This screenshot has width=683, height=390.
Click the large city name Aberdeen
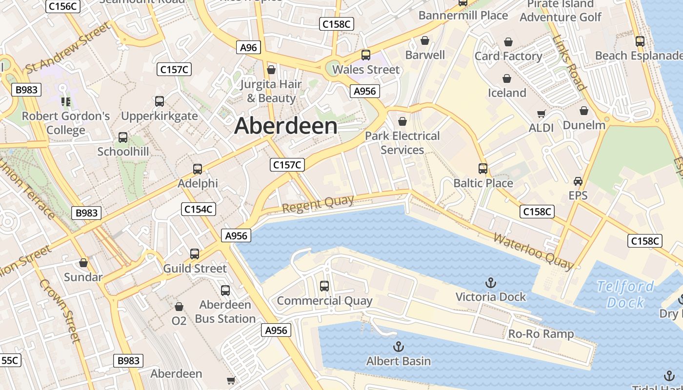click(286, 126)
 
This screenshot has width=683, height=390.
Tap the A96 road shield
click(248, 47)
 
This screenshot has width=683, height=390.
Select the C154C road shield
click(199, 209)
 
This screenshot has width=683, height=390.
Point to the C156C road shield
click(62, 6)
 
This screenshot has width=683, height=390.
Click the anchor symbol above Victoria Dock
click(490, 283)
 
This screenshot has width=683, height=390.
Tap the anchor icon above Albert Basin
click(399, 347)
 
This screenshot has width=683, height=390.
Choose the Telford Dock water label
click(626, 294)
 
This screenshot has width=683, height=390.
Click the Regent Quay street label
click(311, 204)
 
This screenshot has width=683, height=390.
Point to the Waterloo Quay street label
click(534, 251)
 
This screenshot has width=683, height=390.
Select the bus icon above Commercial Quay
click(324, 286)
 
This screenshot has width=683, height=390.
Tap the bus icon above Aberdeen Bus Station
click(225, 291)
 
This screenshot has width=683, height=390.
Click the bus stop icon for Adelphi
click(198, 169)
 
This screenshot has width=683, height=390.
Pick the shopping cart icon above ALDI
click(541, 114)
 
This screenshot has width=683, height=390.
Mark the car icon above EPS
click(578, 181)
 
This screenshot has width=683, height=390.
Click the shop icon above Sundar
click(83, 263)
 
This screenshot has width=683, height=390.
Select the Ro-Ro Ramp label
click(541, 334)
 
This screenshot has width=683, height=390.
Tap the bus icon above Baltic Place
click(483, 169)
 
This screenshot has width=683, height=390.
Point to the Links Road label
click(570, 63)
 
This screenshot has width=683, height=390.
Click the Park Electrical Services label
click(402, 142)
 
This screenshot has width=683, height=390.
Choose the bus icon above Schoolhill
click(123, 137)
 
